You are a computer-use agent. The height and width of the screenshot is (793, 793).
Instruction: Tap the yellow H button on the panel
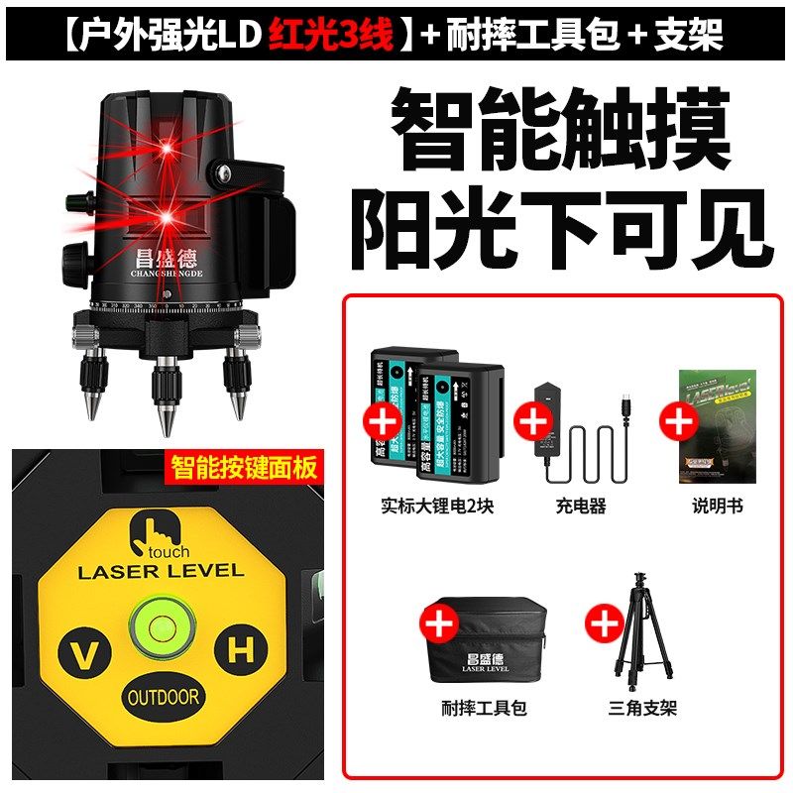[238, 650]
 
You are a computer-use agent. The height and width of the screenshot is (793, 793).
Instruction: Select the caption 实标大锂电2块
[437, 507]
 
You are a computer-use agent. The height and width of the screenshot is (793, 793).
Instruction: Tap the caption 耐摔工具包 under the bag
[484, 709]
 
